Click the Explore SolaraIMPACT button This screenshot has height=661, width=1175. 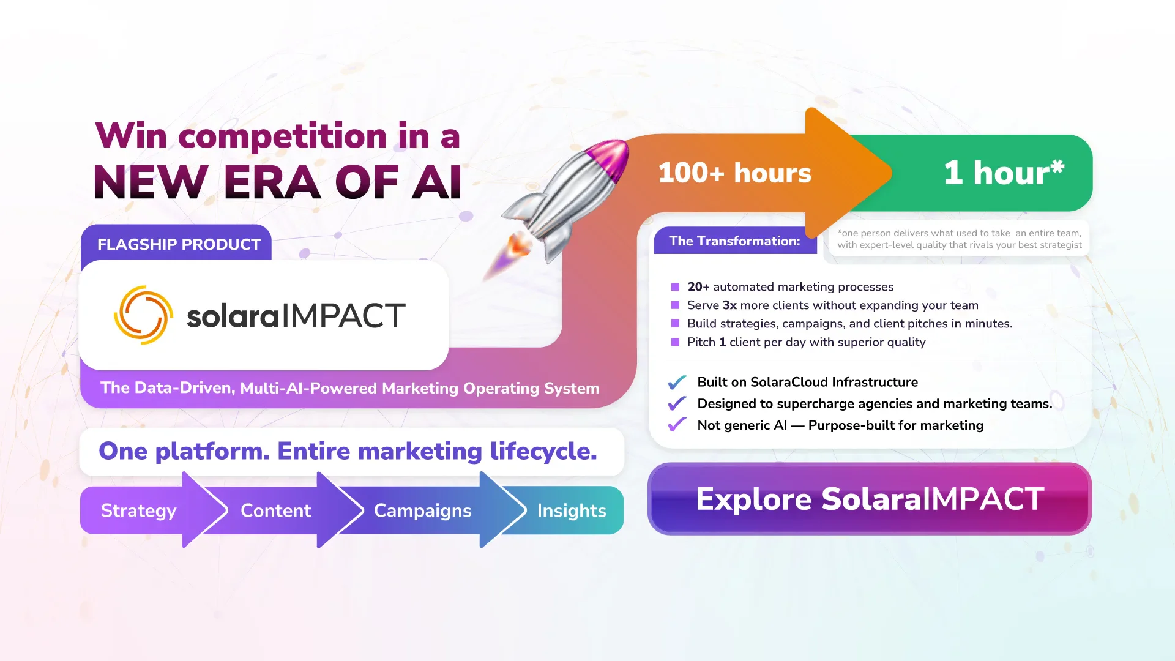pos(869,499)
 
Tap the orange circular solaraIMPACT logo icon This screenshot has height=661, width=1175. pos(143,315)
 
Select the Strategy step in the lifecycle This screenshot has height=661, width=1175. pos(138,510)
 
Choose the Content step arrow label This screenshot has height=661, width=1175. pos(275,510)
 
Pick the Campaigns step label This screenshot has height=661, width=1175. pos(422,510)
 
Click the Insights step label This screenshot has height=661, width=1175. pos(572,510)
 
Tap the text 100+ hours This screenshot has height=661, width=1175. pos(734,173)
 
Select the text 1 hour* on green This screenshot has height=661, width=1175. pos(1004,173)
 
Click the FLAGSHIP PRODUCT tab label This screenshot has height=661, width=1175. pos(179,244)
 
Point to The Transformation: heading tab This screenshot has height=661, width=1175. pos(734,241)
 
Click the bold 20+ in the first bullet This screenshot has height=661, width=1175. pos(698,287)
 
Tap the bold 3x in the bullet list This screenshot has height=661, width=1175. pos(729,305)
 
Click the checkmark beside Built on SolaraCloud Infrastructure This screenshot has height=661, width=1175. pos(677,383)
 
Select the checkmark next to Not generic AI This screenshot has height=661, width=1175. pos(677,425)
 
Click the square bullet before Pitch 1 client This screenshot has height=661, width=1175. pos(675,342)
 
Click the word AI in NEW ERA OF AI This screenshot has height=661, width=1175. pos(436,182)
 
